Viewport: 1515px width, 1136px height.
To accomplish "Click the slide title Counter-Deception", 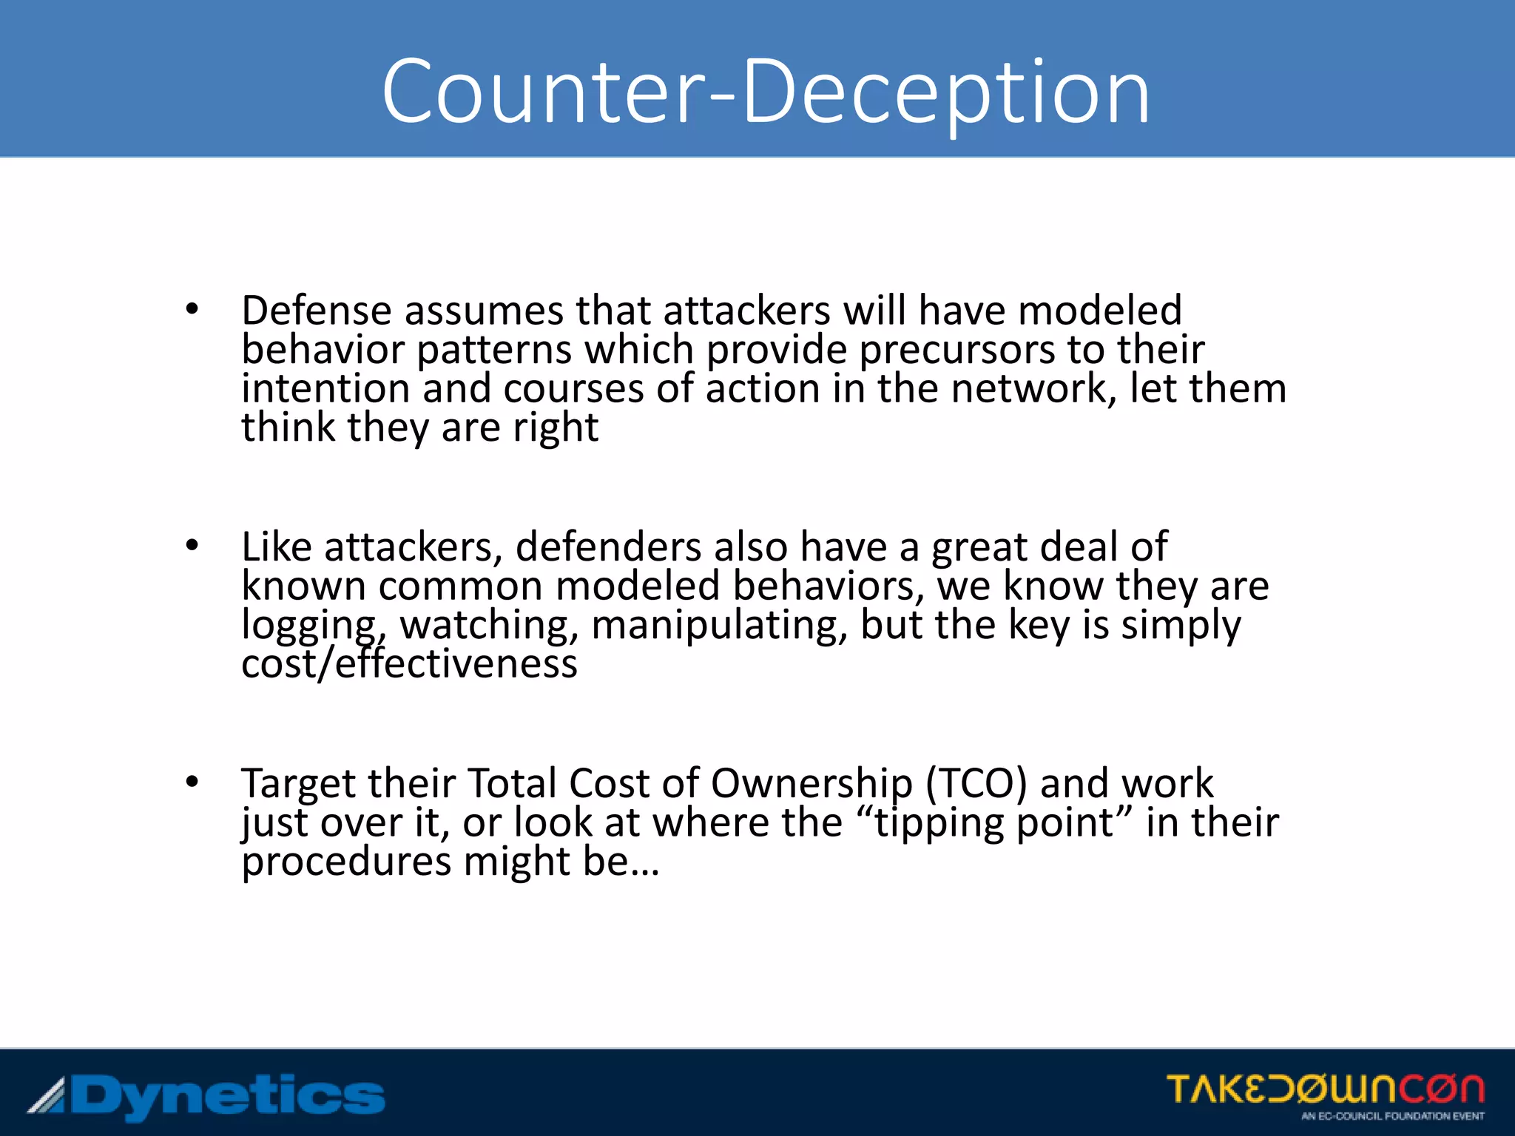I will point(766,92).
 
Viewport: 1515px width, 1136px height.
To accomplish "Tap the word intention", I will point(325,388).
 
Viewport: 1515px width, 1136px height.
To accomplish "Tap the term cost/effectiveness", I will point(409,663).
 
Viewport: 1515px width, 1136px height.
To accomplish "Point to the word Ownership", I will point(812,785).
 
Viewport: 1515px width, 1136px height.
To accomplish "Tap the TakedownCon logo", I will point(1325,1089).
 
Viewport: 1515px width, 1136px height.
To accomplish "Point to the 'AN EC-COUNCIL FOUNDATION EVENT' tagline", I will point(1392,1116).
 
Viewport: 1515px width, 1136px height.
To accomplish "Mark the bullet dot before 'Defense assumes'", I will point(192,309).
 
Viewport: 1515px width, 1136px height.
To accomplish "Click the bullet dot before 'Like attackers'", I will point(192,546).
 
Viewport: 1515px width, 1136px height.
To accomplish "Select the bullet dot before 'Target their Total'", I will point(192,782).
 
